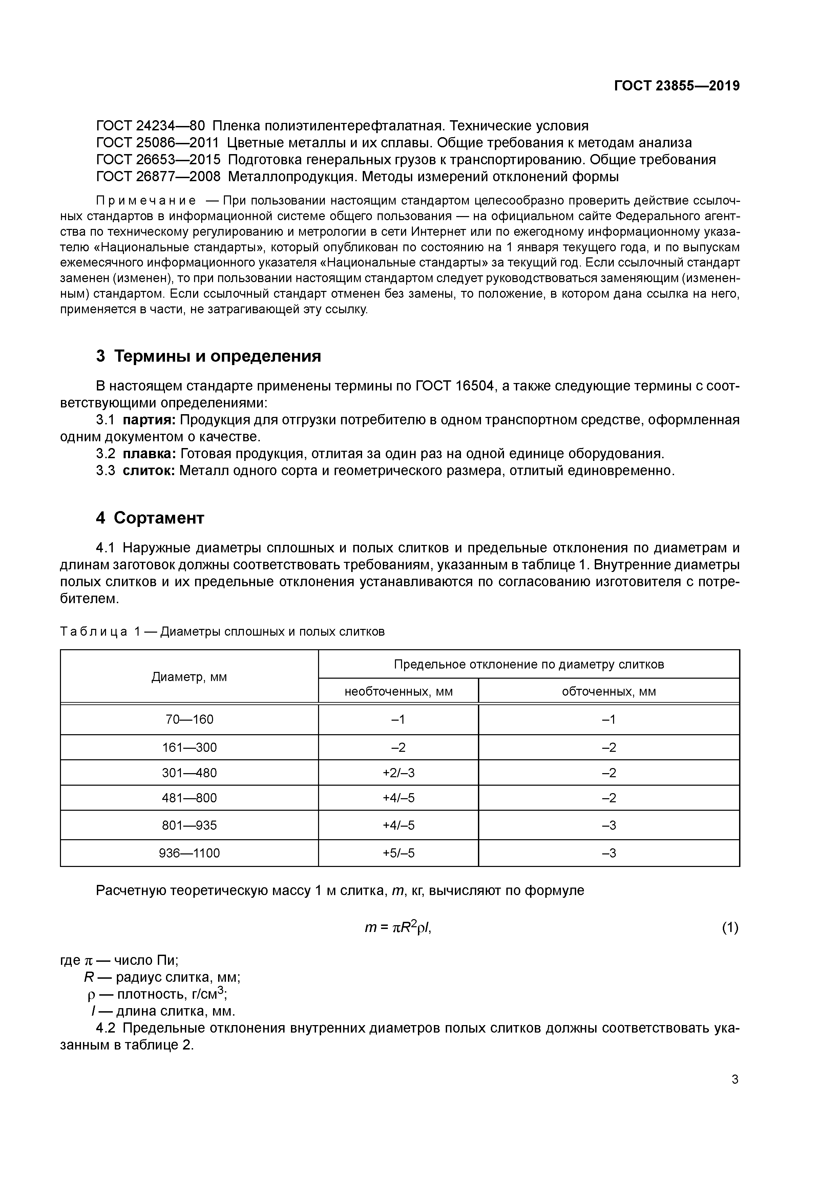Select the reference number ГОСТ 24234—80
150,126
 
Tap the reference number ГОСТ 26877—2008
158,177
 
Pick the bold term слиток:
150,471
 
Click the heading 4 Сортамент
150,518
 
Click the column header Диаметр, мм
189,677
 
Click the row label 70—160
189,720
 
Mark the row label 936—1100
189,853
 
